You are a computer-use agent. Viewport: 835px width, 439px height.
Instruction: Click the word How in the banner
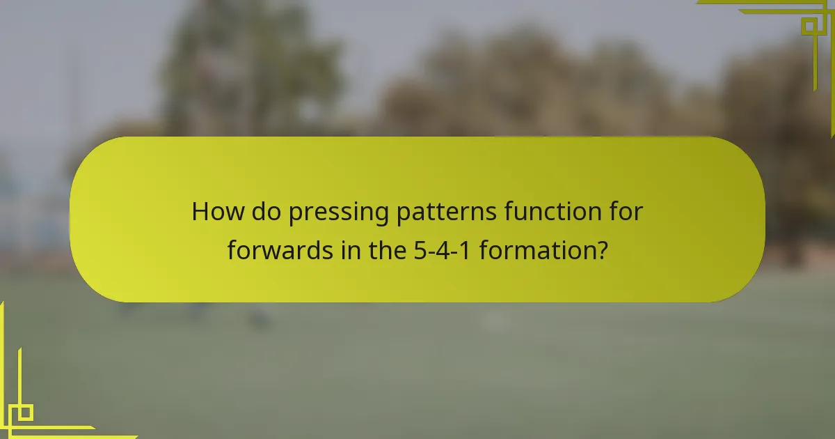[214, 212]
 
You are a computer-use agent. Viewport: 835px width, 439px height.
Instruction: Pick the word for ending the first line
[624, 212]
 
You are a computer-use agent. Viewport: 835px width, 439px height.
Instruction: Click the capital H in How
[200, 212]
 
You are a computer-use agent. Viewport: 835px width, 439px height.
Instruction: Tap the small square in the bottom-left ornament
[25, 413]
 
